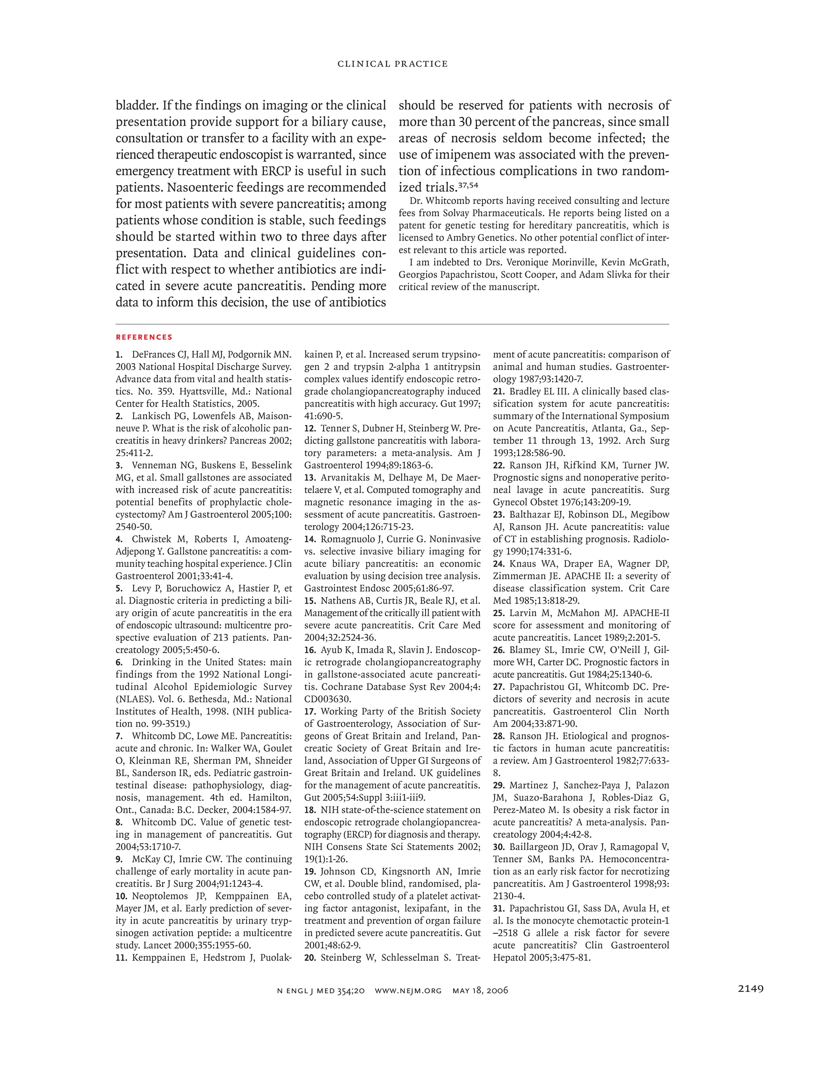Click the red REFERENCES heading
[x=144, y=337]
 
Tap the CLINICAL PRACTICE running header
[x=392, y=64]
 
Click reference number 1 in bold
[x=119, y=355]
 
